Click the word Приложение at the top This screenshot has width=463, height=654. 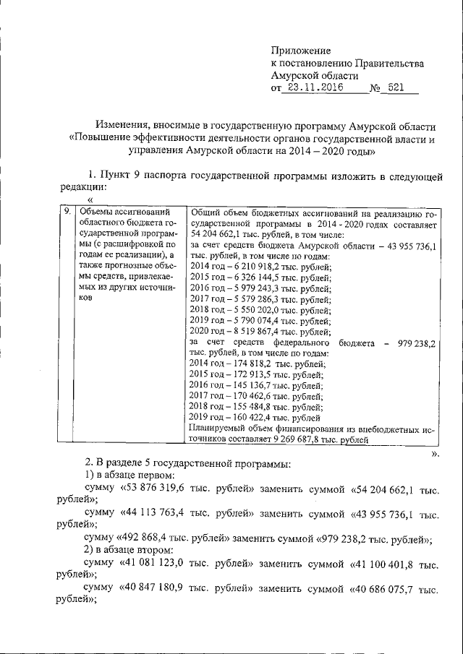(300, 51)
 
